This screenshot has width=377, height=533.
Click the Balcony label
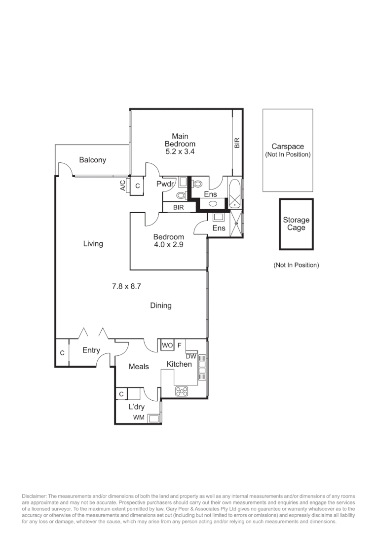pos(92,160)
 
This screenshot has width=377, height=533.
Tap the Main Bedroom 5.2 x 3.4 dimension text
pos(180,152)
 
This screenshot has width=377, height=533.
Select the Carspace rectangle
pos(288,150)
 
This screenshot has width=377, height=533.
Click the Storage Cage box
pos(296,224)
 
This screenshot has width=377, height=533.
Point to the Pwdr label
pos(165,184)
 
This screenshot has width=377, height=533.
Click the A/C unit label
pos(122,186)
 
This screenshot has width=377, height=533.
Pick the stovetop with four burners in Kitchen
pos(182,391)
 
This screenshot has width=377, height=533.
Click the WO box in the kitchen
pos(167,345)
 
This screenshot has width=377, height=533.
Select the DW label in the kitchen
pos(191,356)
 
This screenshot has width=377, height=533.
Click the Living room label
pos(93,244)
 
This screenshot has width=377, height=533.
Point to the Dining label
pos(161,305)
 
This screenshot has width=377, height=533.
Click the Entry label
pos(91,350)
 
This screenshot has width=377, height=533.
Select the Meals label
pos(139,367)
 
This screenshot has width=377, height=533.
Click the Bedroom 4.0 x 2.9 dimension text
pos(168,244)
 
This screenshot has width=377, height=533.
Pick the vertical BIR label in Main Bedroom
pos(237,144)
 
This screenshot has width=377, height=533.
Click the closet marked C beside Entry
pos(62,353)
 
